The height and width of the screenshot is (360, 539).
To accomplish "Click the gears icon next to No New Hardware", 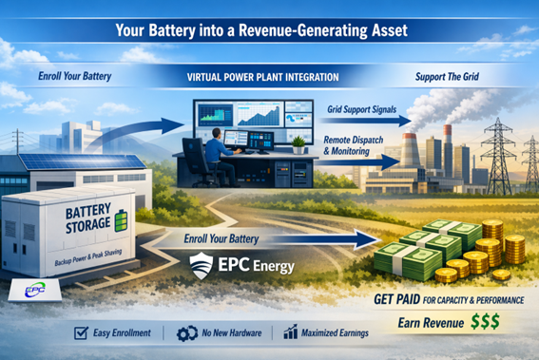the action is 187,333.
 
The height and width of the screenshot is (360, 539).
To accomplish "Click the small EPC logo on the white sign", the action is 22,290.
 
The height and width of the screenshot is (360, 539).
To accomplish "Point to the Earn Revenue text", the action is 427,324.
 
